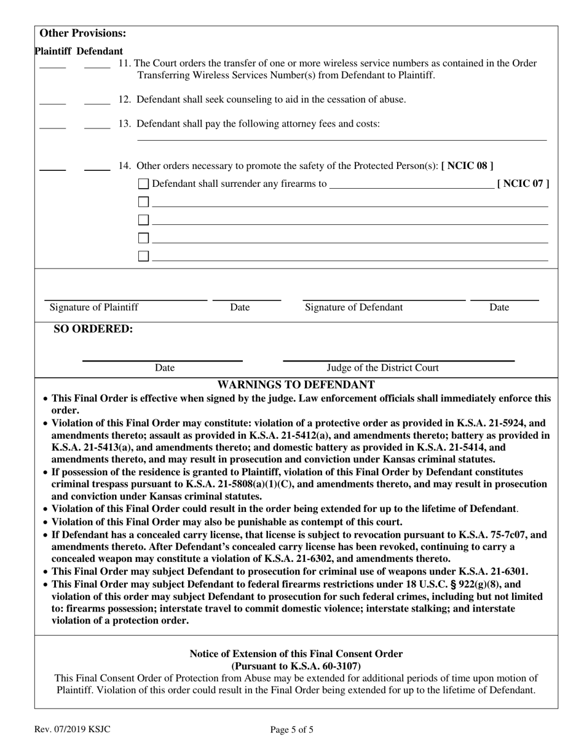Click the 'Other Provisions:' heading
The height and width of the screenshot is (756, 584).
pos(83,33)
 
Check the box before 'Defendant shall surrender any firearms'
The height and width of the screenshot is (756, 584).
pos(143,184)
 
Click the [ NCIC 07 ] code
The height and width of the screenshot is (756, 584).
pos(523,183)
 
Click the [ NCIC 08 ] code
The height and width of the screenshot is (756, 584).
pos(467,165)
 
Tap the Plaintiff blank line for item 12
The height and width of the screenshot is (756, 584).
pos(52,103)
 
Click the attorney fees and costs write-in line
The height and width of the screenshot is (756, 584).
pos(341,140)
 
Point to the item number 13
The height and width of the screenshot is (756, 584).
pos(125,124)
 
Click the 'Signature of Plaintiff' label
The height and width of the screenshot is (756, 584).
pos(94,307)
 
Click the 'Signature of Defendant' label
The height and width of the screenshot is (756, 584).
pos(354,307)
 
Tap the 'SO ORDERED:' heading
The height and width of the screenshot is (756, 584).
pos(93,329)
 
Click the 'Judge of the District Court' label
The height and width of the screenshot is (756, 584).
pos(382,368)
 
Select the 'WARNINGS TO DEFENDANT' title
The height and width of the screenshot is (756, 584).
pos(296,385)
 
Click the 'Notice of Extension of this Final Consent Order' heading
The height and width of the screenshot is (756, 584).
pos(296,654)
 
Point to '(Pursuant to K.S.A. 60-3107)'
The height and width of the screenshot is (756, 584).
pos(296,666)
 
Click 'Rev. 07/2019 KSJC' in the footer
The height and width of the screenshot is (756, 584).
pos(73,730)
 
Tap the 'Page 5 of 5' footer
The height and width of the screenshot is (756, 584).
pos(292,730)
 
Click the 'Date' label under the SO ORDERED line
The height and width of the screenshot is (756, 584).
pos(164,368)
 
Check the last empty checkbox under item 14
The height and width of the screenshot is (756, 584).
pos(143,256)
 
